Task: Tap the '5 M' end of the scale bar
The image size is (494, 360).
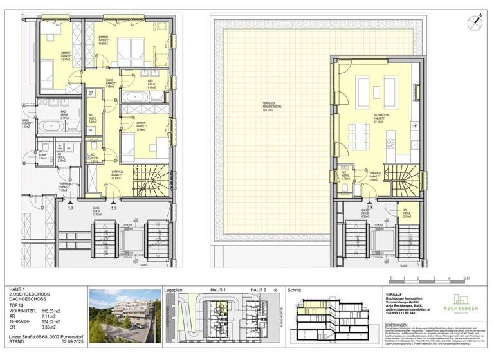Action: point(468,278)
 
